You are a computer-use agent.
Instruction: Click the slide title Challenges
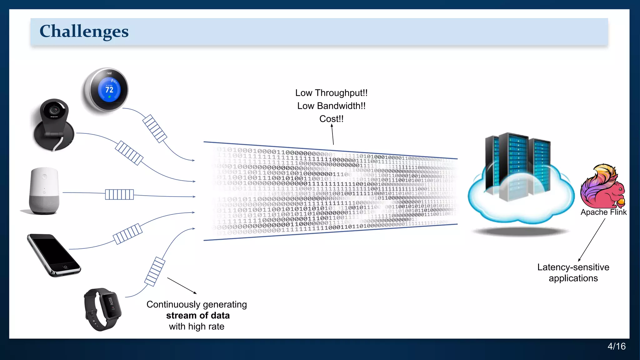pos(84,31)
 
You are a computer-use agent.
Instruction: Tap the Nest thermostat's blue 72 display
pos(109,89)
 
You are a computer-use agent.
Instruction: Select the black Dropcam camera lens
pos(54,110)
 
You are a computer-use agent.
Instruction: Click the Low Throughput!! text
pos(331,93)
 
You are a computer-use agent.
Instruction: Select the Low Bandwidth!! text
pos(331,106)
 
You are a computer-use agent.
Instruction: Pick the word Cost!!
pos(331,119)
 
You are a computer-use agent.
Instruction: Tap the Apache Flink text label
pos(603,212)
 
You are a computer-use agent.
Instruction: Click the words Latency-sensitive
pos(573,267)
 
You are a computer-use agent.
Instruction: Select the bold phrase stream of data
pos(198,315)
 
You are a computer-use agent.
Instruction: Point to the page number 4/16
pos(616,346)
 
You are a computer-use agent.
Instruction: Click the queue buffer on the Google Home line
pos(119,194)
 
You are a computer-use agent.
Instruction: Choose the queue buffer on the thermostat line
pos(155,128)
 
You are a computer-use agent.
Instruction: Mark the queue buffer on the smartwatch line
pos(155,271)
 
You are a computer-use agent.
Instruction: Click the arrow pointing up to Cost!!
pos(332,134)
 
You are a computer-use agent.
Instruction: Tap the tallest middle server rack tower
pos(513,166)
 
